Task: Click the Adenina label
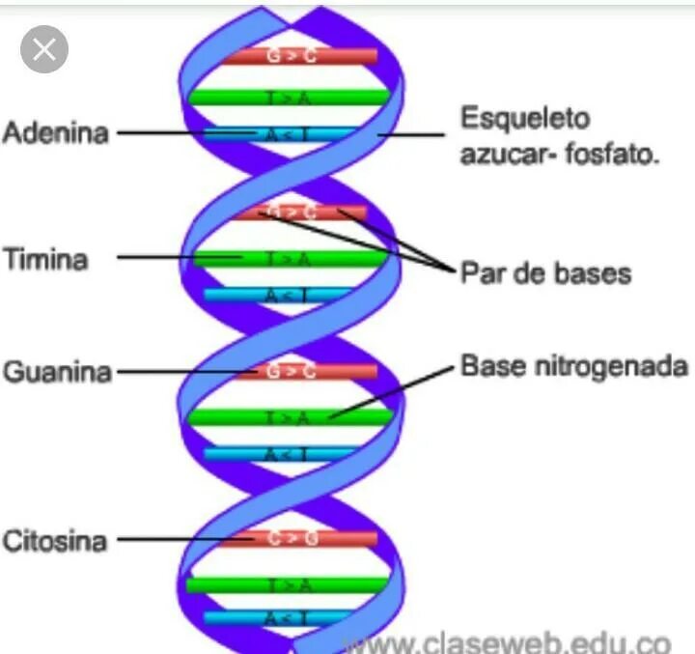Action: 55,132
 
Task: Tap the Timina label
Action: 45,258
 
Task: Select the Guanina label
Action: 58,372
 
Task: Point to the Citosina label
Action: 54,539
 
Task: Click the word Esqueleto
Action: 524,120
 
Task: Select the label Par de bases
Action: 544,273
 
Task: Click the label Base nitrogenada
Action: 574,367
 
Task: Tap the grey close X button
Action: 43,49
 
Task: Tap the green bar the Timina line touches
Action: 290,258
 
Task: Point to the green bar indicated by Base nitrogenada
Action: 290,416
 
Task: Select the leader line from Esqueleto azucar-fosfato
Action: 415,134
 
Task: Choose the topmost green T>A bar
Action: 290,97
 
